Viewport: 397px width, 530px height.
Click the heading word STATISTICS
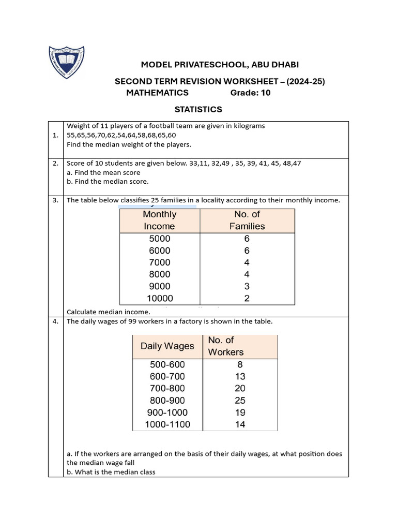(x=198, y=109)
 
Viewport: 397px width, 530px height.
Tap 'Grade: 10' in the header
(x=250, y=93)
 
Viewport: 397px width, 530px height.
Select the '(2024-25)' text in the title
(x=306, y=81)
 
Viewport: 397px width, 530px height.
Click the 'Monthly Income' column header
(x=159, y=220)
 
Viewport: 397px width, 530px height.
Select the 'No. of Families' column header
(x=247, y=220)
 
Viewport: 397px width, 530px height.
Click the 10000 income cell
(x=159, y=298)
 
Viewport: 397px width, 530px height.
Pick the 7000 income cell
(x=159, y=262)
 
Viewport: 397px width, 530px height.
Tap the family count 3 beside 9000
(x=247, y=286)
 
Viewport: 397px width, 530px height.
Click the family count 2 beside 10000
(x=247, y=298)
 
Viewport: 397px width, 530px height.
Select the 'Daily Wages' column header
(x=167, y=346)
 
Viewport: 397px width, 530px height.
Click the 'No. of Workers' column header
(x=225, y=346)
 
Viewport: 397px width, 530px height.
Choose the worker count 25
(x=239, y=400)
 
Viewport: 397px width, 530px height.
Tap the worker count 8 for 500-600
(x=239, y=364)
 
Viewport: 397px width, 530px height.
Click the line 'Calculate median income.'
(x=109, y=312)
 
